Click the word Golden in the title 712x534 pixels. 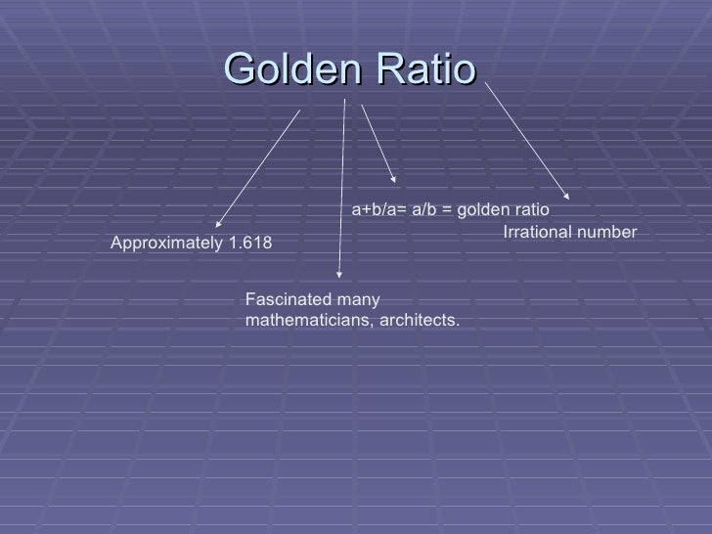[284, 68]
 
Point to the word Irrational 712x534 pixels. [535, 232]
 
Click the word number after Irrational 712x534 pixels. [604, 232]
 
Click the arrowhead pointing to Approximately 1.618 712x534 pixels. [217, 222]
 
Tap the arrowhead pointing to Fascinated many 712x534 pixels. [338, 278]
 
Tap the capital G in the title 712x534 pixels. [241, 68]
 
